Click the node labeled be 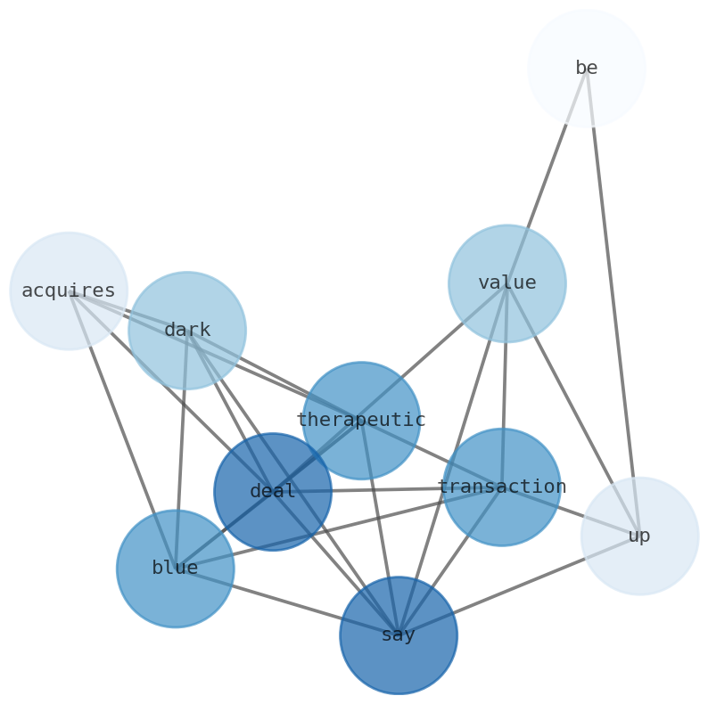click(586, 69)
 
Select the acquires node click(69, 291)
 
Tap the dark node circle click(187, 331)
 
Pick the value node click(506, 283)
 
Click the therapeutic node click(361, 420)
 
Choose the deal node click(273, 491)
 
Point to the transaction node click(502, 487)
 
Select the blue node click(175, 568)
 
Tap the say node click(399, 634)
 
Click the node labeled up click(639, 536)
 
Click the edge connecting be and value click(547, 176)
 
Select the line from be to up click(613, 301)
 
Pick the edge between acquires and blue click(122, 430)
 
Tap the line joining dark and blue click(181, 449)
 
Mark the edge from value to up click(572, 409)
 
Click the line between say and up click(519, 585)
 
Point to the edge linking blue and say click(286, 602)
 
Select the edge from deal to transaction click(387, 489)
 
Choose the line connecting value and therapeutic click(434, 351)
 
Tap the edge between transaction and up click(571, 512)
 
